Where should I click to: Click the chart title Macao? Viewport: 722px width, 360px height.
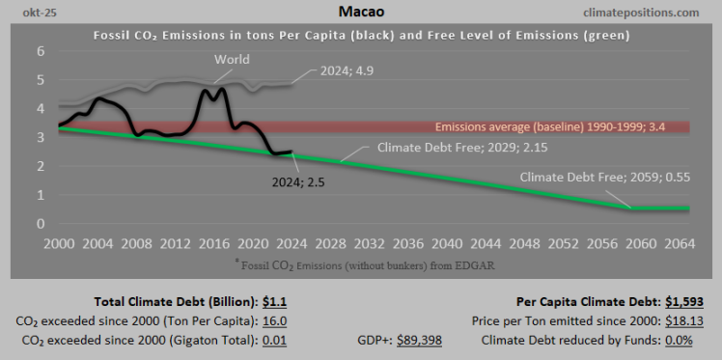360,12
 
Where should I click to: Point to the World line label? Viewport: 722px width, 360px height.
232,60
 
